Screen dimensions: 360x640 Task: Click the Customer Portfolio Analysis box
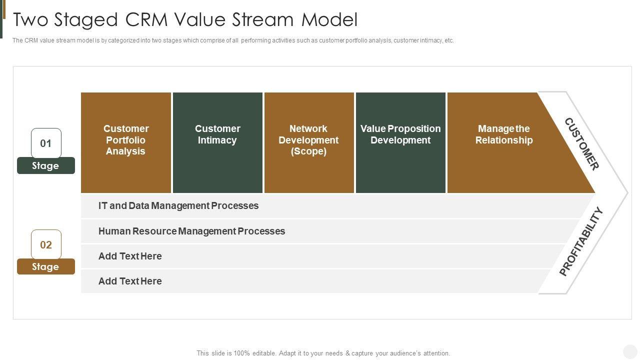click(x=126, y=142)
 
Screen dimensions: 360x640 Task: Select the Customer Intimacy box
click(x=217, y=142)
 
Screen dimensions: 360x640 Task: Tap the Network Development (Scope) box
click(x=309, y=142)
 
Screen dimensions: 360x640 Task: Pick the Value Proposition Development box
click(x=400, y=142)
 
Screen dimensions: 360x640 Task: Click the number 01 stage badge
click(x=46, y=143)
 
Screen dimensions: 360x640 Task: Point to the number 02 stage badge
click(x=46, y=244)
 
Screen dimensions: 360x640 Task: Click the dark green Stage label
click(x=46, y=166)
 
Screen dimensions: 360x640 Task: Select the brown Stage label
click(x=46, y=267)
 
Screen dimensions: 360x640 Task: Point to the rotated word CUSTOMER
click(x=581, y=144)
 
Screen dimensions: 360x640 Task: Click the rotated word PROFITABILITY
click(x=581, y=241)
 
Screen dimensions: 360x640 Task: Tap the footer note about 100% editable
click(x=323, y=353)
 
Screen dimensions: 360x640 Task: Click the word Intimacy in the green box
click(x=217, y=140)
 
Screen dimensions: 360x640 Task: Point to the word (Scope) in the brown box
click(x=308, y=151)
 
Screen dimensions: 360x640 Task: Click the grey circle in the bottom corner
click(x=630, y=351)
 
